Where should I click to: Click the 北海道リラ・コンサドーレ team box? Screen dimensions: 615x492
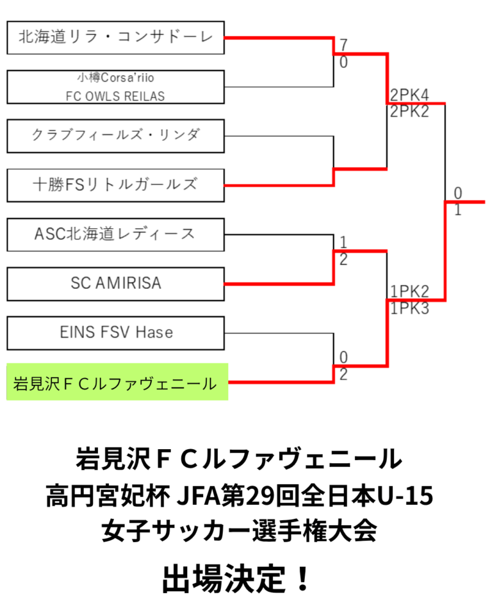[x=115, y=37]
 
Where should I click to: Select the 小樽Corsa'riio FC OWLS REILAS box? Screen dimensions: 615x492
[x=115, y=86]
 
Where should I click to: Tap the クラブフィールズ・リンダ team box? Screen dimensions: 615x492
[x=115, y=135]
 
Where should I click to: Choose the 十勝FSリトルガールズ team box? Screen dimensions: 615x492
[x=115, y=185]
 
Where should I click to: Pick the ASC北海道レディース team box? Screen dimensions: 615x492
[x=115, y=234]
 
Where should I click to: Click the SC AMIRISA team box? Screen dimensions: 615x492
[x=115, y=283]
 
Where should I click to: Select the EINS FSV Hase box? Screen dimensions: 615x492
[x=115, y=332]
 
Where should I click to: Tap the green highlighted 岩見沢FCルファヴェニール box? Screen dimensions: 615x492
[x=117, y=382]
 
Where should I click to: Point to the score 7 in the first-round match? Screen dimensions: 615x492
[x=344, y=45]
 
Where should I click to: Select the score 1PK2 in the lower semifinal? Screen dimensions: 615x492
[x=409, y=292]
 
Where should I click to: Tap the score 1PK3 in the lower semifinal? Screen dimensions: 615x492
[x=409, y=307]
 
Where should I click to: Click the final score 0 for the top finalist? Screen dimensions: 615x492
[x=457, y=193]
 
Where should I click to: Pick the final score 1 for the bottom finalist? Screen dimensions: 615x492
[x=457, y=209]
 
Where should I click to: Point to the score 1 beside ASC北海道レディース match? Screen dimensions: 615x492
[x=343, y=243]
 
